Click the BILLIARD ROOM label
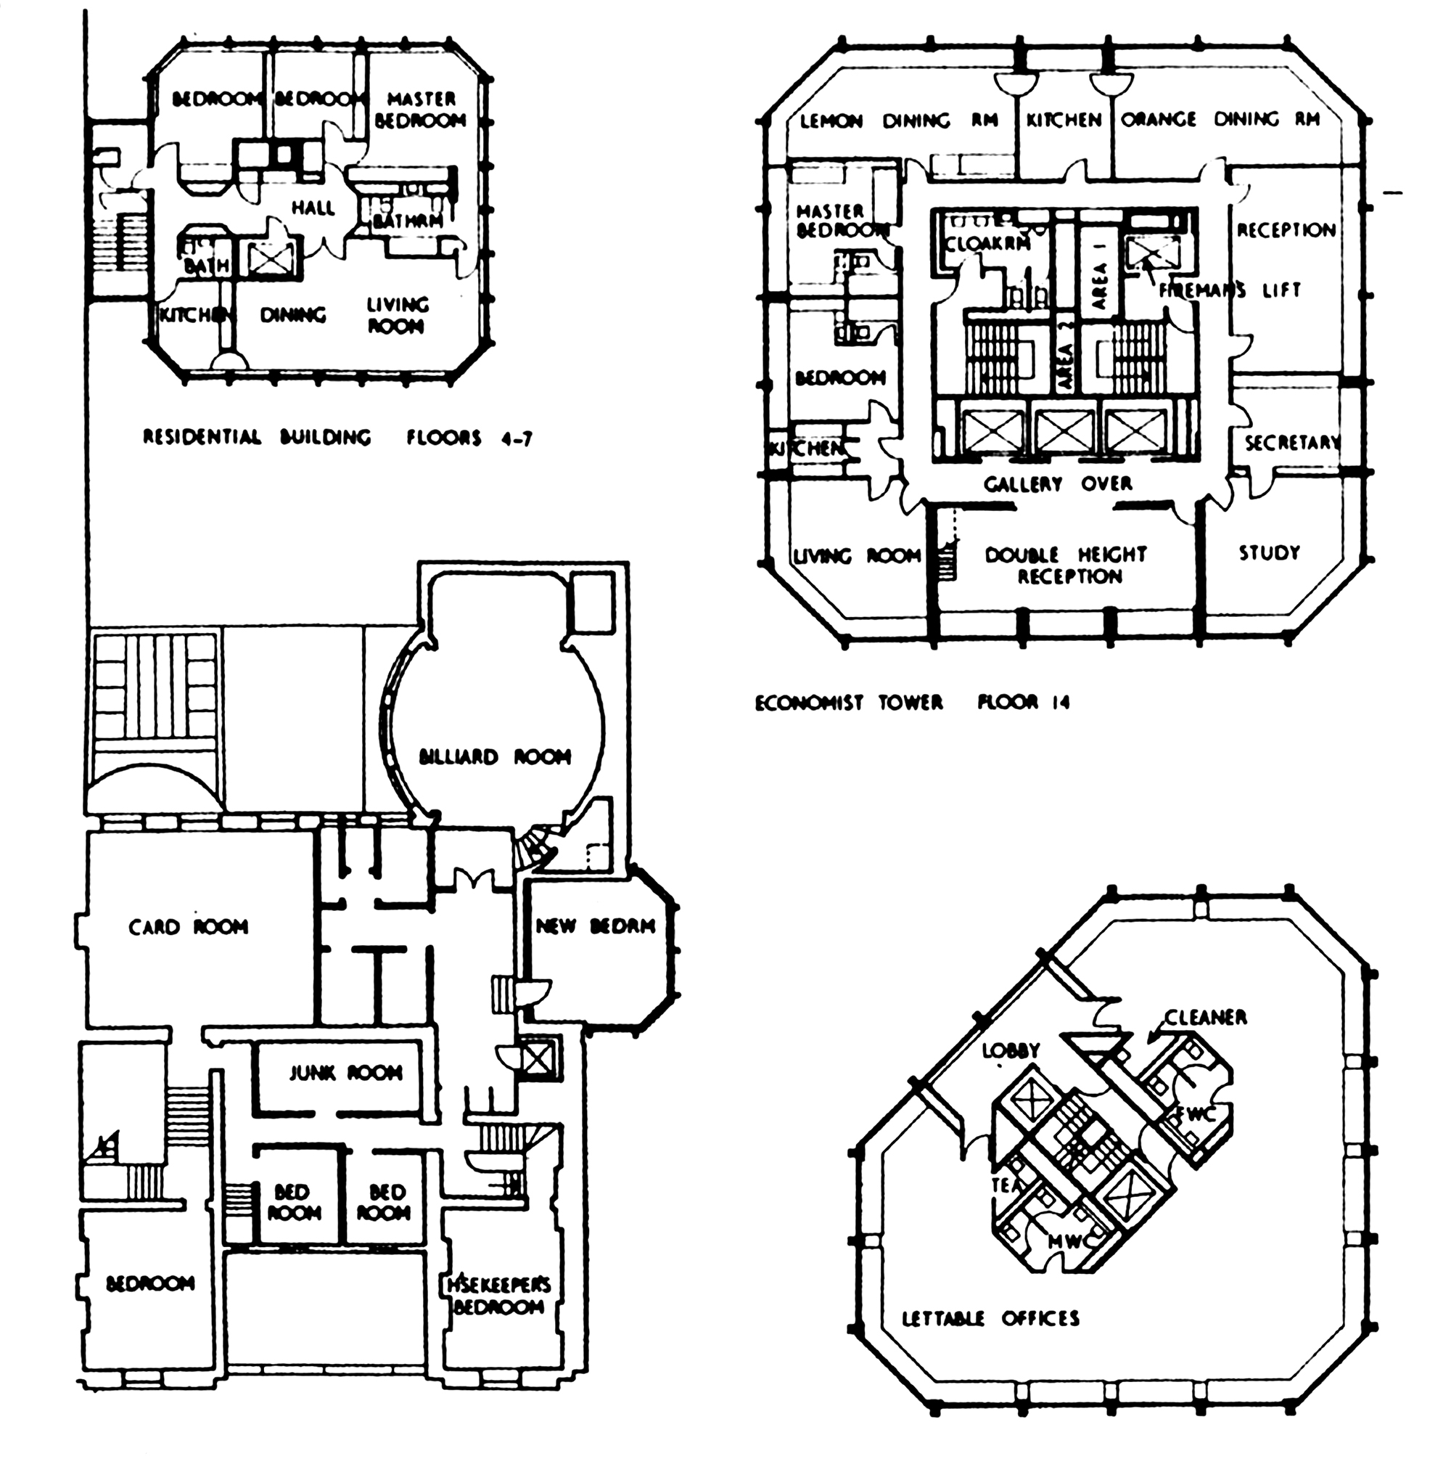pyautogui.click(x=495, y=756)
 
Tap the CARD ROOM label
pyautogui.click(x=188, y=927)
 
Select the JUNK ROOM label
pyautogui.click(x=346, y=1072)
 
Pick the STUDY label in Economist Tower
pyautogui.click(x=1269, y=553)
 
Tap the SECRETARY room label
pyautogui.click(x=1291, y=444)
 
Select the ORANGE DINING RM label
pyautogui.click(x=1220, y=119)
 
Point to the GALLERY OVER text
pyautogui.click(x=1058, y=483)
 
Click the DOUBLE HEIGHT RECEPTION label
pyautogui.click(x=1065, y=565)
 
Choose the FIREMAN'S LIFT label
pyautogui.click(x=1230, y=289)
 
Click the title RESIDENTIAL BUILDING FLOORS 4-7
pyautogui.click(x=337, y=437)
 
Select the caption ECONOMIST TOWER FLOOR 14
pyautogui.click(x=912, y=703)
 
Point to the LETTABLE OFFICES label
pyautogui.click(x=990, y=1318)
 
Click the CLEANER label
pyautogui.click(x=1205, y=1017)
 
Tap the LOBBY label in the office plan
pyautogui.click(x=1011, y=1050)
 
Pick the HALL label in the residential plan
pyautogui.click(x=313, y=208)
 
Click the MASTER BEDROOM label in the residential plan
pyautogui.click(x=421, y=110)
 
